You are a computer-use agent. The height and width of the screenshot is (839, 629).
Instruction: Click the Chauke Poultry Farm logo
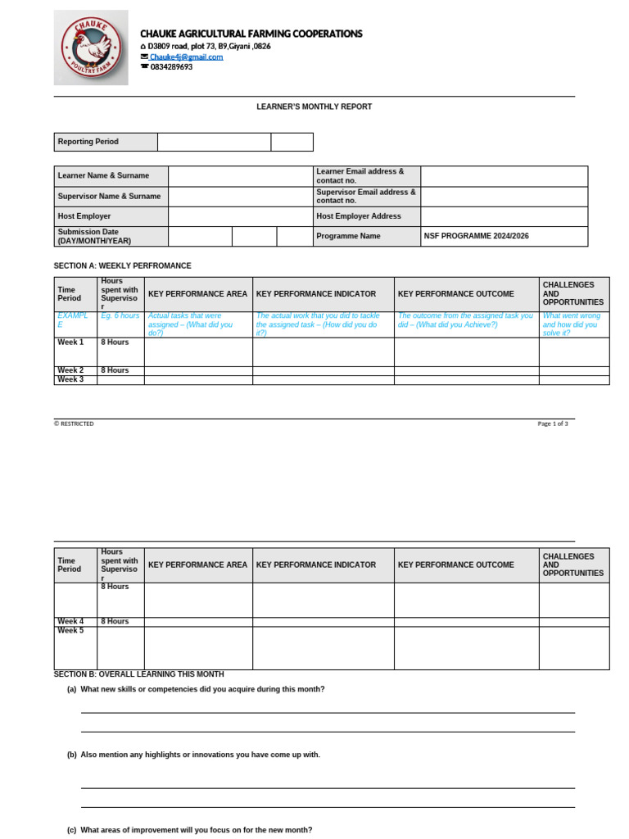tap(91, 48)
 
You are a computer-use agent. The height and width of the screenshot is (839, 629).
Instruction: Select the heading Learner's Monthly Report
tap(314, 107)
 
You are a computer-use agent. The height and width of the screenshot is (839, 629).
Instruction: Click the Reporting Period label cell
tap(106, 142)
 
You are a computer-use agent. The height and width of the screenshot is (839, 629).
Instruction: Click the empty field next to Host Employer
tap(240, 216)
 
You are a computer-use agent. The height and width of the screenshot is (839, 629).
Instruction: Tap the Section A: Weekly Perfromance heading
tap(122, 265)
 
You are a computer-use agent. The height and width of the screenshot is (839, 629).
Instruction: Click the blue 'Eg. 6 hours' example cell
tap(120, 315)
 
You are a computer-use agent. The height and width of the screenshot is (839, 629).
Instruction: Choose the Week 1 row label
tap(70, 342)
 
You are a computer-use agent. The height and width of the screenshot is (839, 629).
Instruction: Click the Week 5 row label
tap(70, 631)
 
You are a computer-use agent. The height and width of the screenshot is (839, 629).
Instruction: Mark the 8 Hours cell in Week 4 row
tap(115, 621)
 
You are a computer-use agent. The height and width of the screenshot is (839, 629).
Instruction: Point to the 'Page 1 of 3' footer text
tap(552, 424)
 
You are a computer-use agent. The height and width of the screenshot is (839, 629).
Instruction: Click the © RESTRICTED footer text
tap(74, 424)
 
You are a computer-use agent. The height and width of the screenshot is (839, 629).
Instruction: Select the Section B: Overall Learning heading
tap(138, 674)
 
